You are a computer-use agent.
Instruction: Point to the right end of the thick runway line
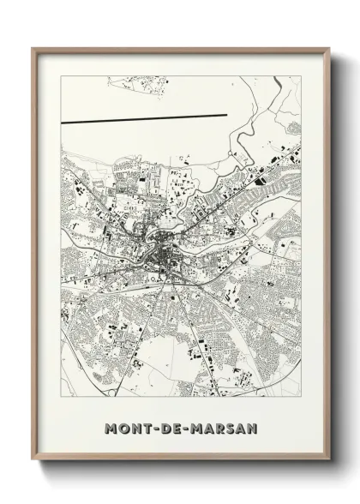pos(226,114)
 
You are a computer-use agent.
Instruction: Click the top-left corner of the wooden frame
pos(33,49)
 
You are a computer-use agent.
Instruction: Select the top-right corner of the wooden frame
pos(328,49)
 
